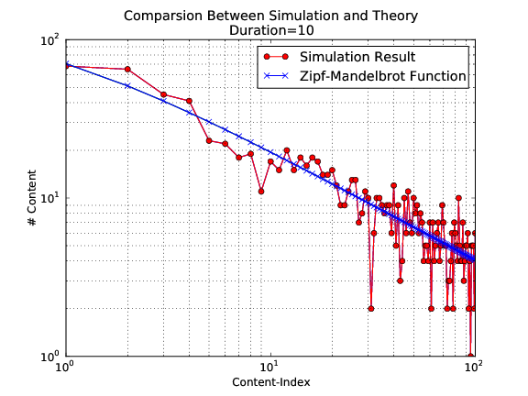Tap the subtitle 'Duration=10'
coord(269,29)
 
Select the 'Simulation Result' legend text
coord(351,58)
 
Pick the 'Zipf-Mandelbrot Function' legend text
coord(377,75)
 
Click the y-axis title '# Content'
coord(33,198)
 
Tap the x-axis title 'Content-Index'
coord(269,380)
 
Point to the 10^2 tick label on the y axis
coord(48,41)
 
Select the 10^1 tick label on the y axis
coord(48,199)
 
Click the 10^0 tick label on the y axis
coord(48,357)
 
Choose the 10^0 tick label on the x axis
coord(66,368)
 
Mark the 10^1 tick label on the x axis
coord(269,368)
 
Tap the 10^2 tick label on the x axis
coord(473,368)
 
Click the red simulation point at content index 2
coord(127,69)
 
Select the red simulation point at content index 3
coord(163,94)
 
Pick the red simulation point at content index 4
coord(189,101)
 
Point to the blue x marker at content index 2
coord(127,85)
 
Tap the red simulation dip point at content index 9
coord(261,192)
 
